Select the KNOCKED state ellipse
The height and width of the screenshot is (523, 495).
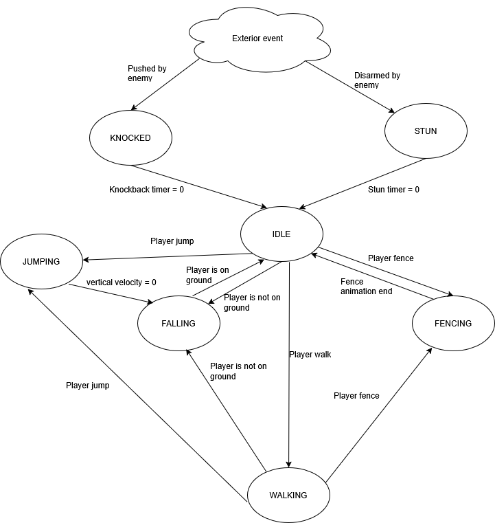pos(130,137)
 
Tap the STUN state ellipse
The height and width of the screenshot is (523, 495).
pos(426,131)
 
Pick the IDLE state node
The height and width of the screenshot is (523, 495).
pos(281,234)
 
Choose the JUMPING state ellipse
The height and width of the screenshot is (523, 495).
pos(41,262)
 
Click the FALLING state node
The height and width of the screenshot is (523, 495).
pos(179,323)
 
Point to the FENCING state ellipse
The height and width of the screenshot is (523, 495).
pos(453,323)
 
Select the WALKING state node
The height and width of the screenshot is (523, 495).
pos(288,496)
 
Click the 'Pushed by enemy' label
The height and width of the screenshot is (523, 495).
pos(146,74)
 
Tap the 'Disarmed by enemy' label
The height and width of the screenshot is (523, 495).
pos(377,80)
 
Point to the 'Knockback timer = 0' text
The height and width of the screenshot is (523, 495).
pos(146,189)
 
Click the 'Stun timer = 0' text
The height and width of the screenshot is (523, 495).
pos(393,189)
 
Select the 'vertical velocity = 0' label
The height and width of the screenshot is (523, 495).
pos(122,282)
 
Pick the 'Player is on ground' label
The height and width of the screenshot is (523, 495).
pos(207,275)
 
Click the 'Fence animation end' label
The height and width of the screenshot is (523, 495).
pos(366,286)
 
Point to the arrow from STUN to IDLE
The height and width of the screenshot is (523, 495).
pos(364,183)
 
